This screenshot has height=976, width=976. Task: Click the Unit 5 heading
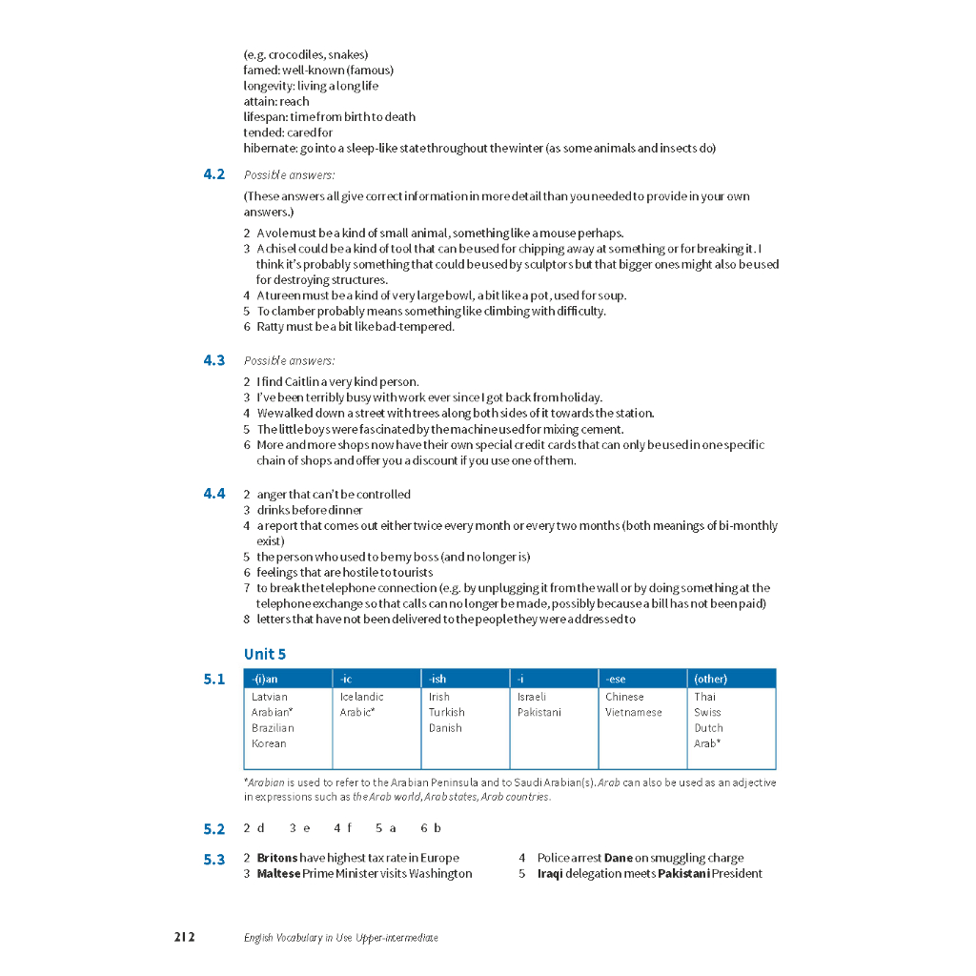pyautogui.click(x=264, y=654)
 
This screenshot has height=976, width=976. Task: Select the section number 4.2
pyautogui.click(x=213, y=174)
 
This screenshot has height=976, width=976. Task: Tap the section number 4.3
pyautogui.click(x=213, y=360)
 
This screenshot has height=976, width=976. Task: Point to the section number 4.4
pyautogui.click(x=213, y=494)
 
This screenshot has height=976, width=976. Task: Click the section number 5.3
pyautogui.click(x=213, y=859)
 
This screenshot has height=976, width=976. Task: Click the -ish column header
pyautogui.click(x=437, y=679)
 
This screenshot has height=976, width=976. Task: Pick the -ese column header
pyautogui.click(x=616, y=679)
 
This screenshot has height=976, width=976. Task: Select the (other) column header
pyautogui.click(x=710, y=679)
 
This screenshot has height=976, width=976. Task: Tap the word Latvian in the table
pyautogui.click(x=269, y=697)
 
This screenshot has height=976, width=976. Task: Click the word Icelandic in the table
pyautogui.click(x=362, y=697)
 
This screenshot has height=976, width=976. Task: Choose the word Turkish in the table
pyautogui.click(x=446, y=712)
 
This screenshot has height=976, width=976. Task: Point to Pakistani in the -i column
pyautogui.click(x=539, y=712)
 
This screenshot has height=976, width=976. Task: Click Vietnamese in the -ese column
pyautogui.click(x=633, y=712)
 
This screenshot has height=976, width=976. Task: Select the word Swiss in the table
pyautogui.click(x=707, y=712)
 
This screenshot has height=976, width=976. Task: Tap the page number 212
pyautogui.click(x=184, y=937)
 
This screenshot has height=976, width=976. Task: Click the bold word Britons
pyautogui.click(x=277, y=858)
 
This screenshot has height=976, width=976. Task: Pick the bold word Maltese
pyautogui.click(x=278, y=873)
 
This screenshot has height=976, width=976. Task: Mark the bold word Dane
pyautogui.click(x=619, y=858)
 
